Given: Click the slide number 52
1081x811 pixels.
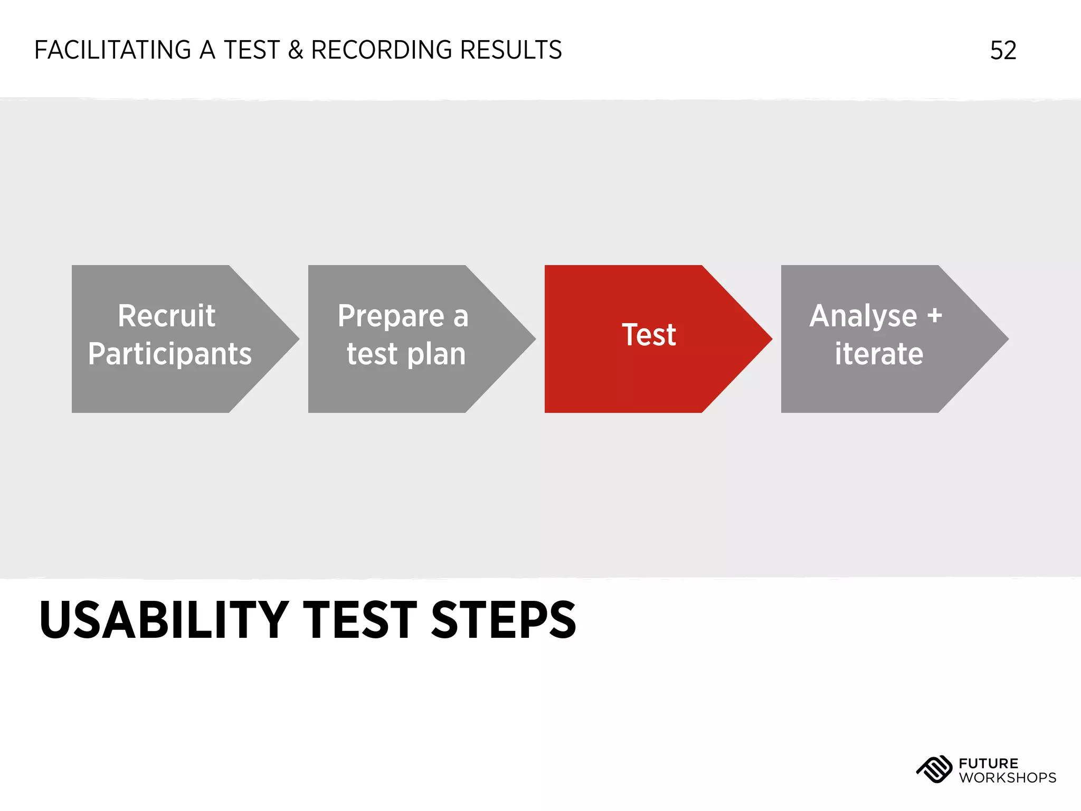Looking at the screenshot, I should (1003, 51).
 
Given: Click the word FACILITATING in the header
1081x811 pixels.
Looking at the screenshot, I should (112, 50).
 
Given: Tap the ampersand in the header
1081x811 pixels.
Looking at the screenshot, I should (295, 50).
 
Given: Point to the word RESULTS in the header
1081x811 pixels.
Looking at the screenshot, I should (510, 50).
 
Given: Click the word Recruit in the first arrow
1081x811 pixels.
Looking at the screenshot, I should (166, 316).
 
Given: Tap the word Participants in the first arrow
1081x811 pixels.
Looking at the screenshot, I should (169, 354).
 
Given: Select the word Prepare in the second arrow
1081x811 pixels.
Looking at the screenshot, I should (391, 316).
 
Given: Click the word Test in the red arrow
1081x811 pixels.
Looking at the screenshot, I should (649, 335).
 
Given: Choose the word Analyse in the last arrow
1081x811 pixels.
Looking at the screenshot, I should (863, 316).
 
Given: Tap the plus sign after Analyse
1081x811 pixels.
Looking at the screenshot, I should (934, 316).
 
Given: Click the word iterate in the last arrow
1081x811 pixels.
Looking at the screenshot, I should (879, 354).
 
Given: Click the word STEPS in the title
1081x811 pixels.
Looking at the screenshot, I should (504, 620).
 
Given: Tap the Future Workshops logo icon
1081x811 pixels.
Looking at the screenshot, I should (934, 769).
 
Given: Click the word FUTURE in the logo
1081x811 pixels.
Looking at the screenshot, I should (988, 763).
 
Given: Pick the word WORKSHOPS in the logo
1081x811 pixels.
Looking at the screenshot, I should (1007, 778).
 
